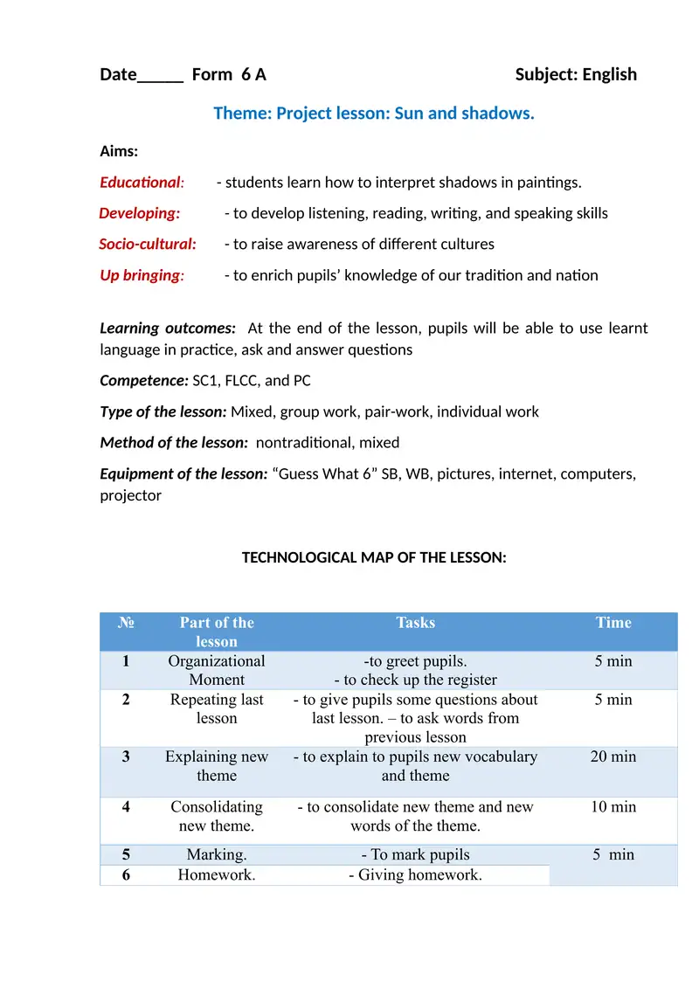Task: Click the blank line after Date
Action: (160, 76)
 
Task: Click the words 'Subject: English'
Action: (576, 74)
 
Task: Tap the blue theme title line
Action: (373, 114)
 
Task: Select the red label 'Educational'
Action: (141, 183)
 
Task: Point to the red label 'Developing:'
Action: (140, 213)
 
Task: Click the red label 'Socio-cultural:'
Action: (148, 244)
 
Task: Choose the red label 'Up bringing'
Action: (141, 275)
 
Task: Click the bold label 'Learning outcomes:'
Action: (168, 328)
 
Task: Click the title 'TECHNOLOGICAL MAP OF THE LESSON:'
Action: (374, 557)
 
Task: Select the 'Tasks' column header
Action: (415, 623)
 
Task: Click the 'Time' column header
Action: (613, 623)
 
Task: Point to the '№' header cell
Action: (126, 623)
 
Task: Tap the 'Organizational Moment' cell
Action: (217, 670)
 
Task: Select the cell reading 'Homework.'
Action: (217, 874)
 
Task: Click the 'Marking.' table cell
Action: (217, 854)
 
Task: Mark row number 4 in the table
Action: (126, 807)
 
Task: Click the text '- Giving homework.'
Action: (415, 874)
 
